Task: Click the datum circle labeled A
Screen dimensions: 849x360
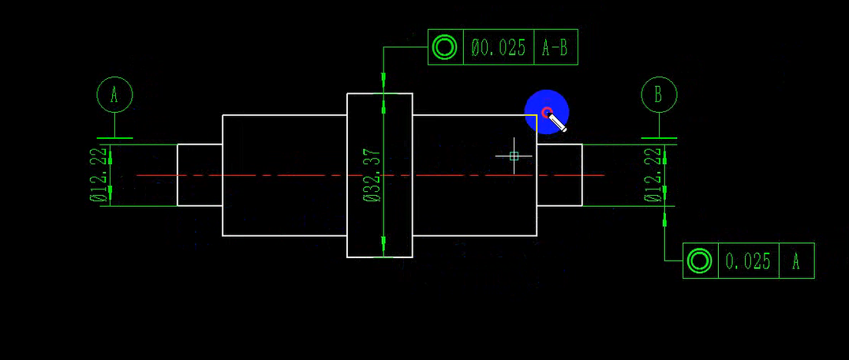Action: [114, 95]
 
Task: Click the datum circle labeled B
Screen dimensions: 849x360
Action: [658, 95]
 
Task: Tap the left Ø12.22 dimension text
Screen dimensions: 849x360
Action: [99, 175]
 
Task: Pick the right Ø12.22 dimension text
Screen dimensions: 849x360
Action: [653, 175]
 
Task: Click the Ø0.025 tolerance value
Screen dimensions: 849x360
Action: [499, 48]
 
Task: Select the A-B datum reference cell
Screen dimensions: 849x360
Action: [555, 48]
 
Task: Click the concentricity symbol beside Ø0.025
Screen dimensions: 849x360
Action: [445, 48]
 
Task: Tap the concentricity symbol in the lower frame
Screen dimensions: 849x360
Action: [699, 261]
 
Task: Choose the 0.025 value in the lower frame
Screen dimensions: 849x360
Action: [747, 261]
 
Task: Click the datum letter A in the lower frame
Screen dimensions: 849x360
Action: [796, 261]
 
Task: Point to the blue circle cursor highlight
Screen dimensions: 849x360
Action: [547, 112]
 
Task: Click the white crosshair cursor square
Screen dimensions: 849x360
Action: [514, 156]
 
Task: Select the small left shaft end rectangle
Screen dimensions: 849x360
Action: [200, 175]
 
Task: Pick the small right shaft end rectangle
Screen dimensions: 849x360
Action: [559, 175]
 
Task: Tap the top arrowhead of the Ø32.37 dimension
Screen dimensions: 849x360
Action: [383, 99]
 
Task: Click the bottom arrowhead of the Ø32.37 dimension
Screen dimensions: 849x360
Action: [383, 251]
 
